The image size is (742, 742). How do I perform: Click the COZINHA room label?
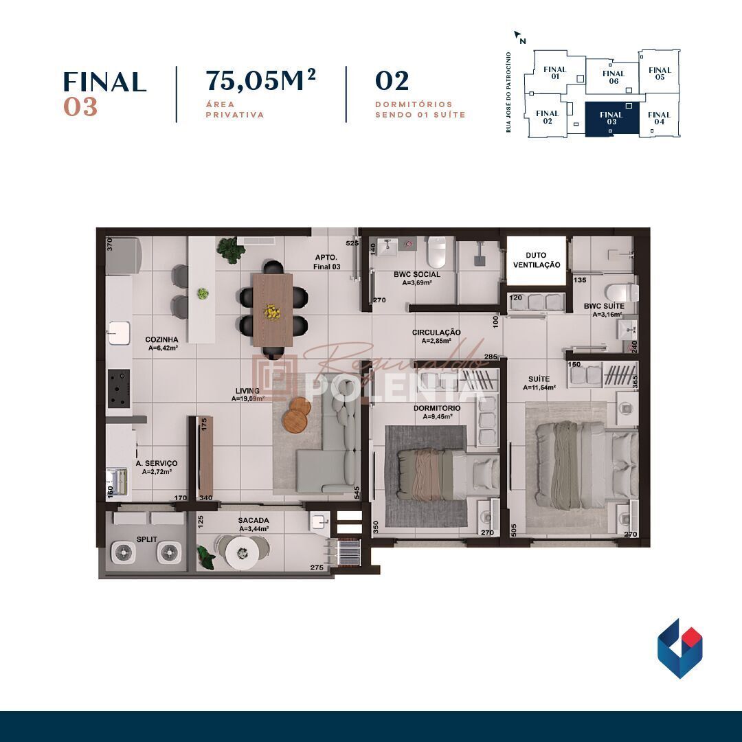pyautogui.click(x=162, y=339)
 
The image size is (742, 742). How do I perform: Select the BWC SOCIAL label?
pyautogui.click(x=417, y=274)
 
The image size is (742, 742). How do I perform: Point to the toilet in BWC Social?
pyautogui.click(x=436, y=253)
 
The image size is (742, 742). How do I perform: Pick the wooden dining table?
pyautogui.click(x=272, y=308)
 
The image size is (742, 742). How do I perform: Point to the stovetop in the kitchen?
pyautogui.click(x=120, y=389)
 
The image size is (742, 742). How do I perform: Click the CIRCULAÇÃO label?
pyautogui.click(x=436, y=333)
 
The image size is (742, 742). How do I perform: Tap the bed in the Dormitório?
pyautogui.click(x=440, y=474)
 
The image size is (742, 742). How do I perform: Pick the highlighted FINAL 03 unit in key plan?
pyautogui.click(x=611, y=119)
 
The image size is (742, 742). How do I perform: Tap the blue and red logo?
pyautogui.click(x=679, y=648)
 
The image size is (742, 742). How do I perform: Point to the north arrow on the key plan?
pyautogui.click(x=519, y=36)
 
